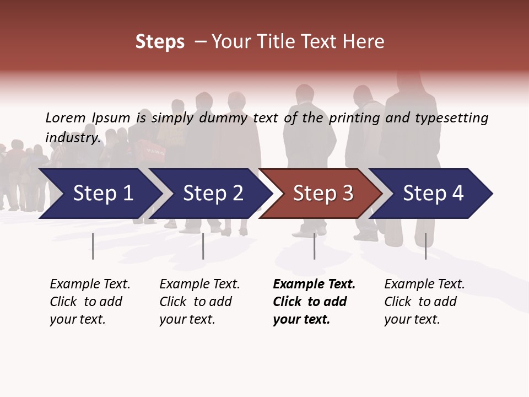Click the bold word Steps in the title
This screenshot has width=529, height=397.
pos(160,42)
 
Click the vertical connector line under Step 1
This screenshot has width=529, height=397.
pos(93,246)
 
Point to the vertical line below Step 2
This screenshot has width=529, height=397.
pos(203,246)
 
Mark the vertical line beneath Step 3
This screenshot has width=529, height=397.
pos(315,246)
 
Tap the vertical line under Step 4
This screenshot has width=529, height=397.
pos(425,246)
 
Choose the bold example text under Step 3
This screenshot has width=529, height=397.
pos(314,302)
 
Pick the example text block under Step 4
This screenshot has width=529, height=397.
pos(424,302)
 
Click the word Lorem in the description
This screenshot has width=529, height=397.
pos(66,118)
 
